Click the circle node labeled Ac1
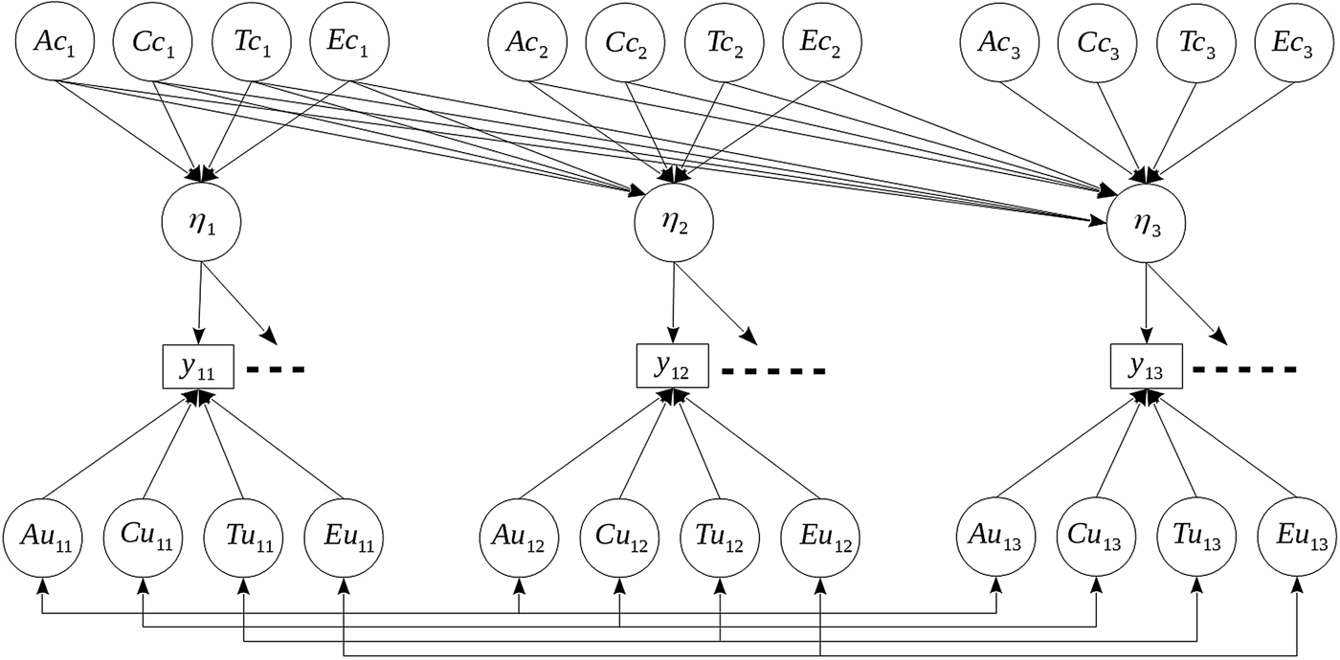tap(55, 43)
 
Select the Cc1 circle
tap(152, 43)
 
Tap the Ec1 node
tap(348, 43)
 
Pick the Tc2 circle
tap(723, 43)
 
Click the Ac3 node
tap(1000, 43)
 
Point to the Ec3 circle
tap(1293, 43)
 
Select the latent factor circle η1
tap(200, 224)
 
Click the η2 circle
tap(674, 224)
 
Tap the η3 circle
tap(1146, 224)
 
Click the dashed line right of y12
tap(772, 371)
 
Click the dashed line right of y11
tap(276, 369)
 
